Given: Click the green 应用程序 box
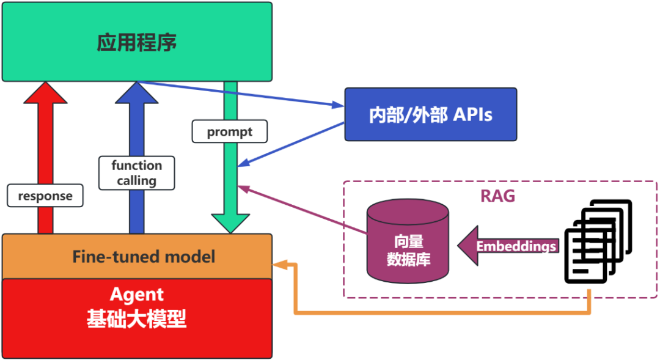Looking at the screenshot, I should point(137,42).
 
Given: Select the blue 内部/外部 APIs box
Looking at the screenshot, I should point(430,114).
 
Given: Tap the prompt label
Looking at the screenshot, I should point(230,131).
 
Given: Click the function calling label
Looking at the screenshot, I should point(137,173).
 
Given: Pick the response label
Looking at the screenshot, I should point(45,196).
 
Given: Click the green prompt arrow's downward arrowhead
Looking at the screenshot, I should point(230,222).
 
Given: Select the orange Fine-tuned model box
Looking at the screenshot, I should point(137,256).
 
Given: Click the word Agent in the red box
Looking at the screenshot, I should point(137,295).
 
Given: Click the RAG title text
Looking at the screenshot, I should point(497,196).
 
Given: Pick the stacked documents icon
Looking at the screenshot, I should point(595,244).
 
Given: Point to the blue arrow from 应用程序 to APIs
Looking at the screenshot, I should point(244,95).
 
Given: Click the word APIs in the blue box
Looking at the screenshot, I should point(472,114).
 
